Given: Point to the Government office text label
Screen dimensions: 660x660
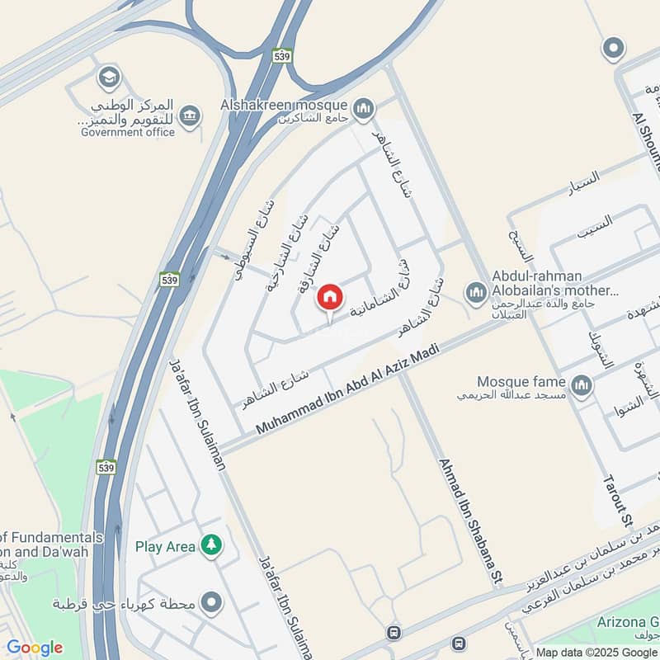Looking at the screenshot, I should pyautogui.click(x=128, y=132).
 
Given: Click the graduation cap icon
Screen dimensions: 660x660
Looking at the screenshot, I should pyautogui.click(x=108, y=78).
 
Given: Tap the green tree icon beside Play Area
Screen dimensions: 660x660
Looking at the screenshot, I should pyautogui.click(x=213, y=545).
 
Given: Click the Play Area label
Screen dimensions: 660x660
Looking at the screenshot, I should pyautogui.click(x=166, y=546).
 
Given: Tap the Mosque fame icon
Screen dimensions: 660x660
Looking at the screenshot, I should pyautogui.click(x=582, y=385).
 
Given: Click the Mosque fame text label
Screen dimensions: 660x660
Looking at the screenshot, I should pyautogui.click(x=521, y=382).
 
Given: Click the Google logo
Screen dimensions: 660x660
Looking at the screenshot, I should pyautogui.click(x=35, y=648).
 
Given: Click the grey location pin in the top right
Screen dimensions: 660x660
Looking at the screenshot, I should pyautogui.click(x=612, y=49).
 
